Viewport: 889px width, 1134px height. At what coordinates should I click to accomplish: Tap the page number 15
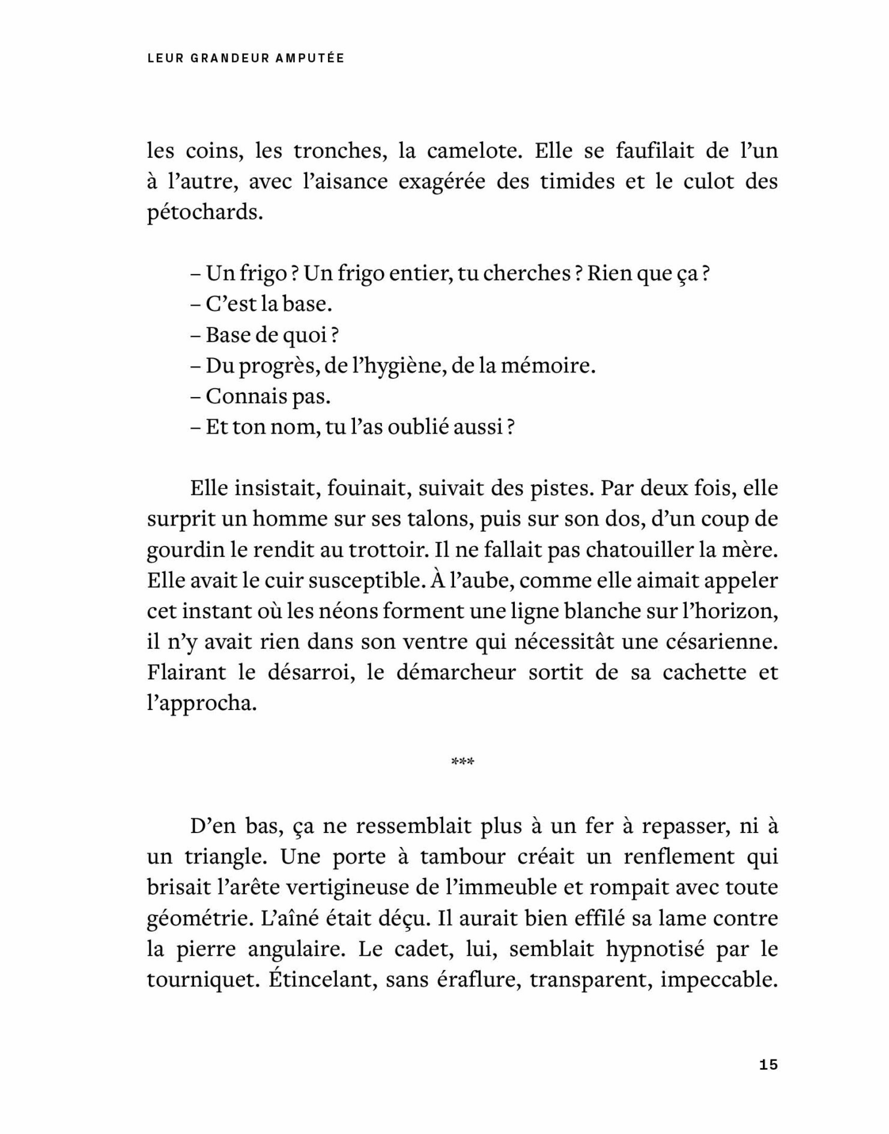tap(768, 1065)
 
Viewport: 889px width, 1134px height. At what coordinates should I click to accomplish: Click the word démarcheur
tap(456, 672)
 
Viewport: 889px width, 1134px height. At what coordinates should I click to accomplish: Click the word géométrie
tap(194, 918)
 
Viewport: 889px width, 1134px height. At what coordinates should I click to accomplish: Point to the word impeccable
tap(719, 980)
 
